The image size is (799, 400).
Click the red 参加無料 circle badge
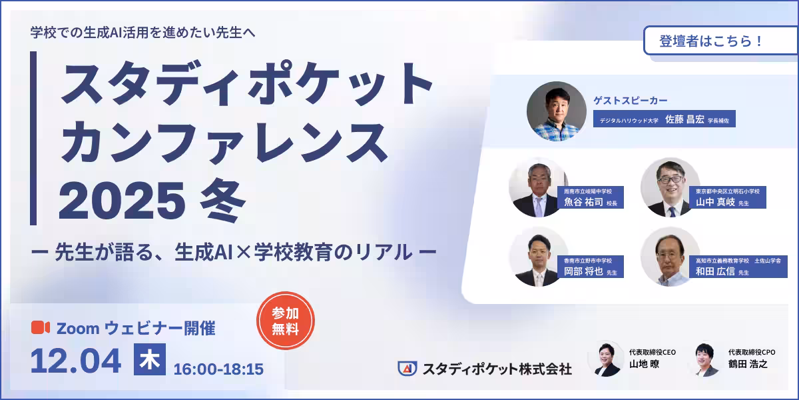[x=285, y=321]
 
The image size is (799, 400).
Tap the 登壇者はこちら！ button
[x=710, y=40]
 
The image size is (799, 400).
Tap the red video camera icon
[x=41, y=327]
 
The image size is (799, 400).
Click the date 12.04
[x=76, y=361]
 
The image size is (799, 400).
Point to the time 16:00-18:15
[x=218, y=368]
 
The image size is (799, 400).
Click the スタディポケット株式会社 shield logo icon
[x=407, y=368]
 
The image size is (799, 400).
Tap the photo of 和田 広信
[x=670, y=257]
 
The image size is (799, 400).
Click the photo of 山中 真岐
[x=670, y=187]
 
